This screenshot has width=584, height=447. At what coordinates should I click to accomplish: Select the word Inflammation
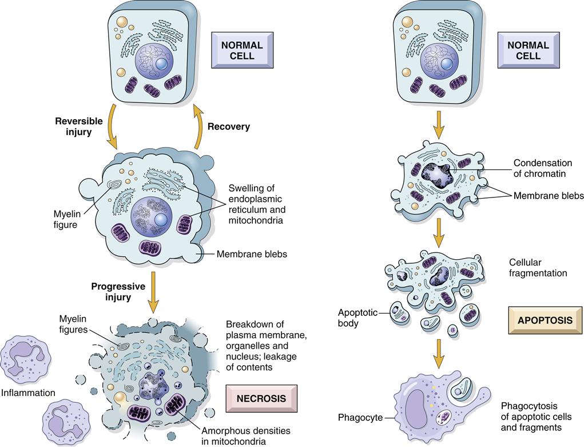point(28,393)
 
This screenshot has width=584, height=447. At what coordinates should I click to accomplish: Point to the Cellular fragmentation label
point(538,267)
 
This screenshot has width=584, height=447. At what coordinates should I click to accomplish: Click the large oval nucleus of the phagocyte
point(416,410)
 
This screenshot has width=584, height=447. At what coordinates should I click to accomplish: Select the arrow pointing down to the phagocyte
point(439,353)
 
